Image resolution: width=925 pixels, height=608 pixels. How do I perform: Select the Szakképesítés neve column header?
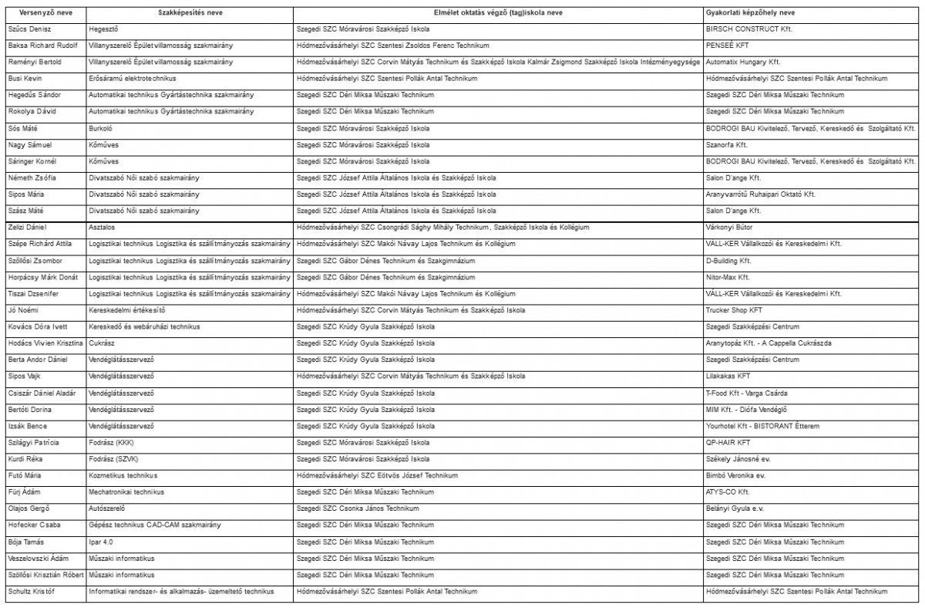pyautogui.click(x=190, y=13)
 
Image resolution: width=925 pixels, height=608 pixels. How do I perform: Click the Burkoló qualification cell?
pyautogui.click(x=101, y=128)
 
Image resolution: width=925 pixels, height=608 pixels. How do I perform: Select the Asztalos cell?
pyautogui.click(x=103, y=228)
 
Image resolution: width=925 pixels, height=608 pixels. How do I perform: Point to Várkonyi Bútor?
pyautogui.click(x=729, y=228)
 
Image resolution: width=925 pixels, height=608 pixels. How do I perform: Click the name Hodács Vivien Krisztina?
pyautogui.click(x=45, y=343)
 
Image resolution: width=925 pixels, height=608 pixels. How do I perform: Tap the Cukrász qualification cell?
pyautogui.click(x=103, y=343)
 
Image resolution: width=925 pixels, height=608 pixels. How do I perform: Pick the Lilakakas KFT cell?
pyautogui.click(x=728, y=377)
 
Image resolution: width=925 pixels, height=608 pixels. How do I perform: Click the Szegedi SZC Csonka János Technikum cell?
pyautogui.click(x=358, y=508)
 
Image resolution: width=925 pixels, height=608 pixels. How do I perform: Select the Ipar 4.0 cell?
pyautogui.click(x=102, y=542)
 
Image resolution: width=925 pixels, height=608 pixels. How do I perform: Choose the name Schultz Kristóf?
pyautogui.click(x=33, y=592)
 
